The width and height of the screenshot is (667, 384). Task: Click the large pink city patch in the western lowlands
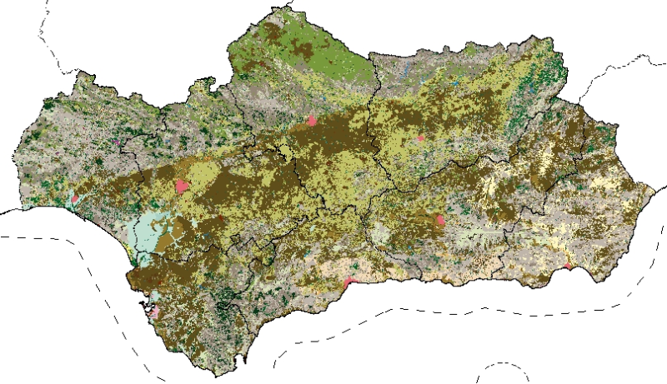(x=182, y=185)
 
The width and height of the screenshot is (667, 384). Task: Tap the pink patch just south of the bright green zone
(x=312, y=121)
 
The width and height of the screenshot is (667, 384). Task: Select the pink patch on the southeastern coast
(x=568, y=267)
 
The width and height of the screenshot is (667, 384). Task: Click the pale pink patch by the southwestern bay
(x=153, y=314)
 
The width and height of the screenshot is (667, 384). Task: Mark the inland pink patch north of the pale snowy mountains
(x=440, y=220)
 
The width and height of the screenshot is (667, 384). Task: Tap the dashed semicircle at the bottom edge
(x=504, y=367)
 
